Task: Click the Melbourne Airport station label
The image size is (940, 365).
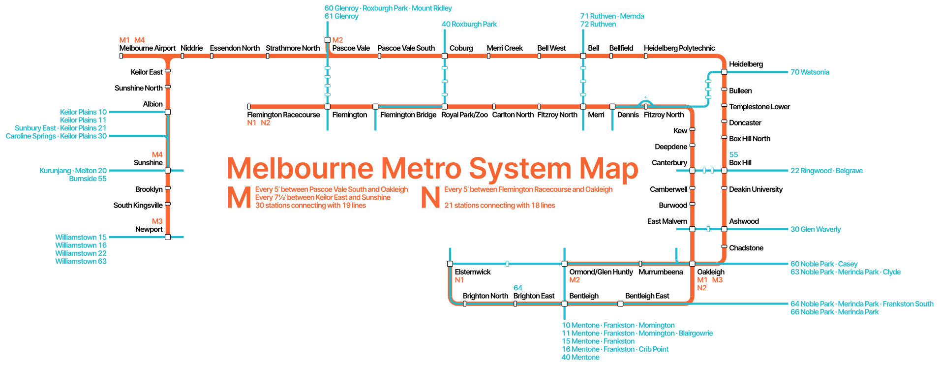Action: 147,48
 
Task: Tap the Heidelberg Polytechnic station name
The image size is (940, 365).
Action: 679,48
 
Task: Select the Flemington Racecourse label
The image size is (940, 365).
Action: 283,115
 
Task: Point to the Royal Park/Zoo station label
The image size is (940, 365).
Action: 464,115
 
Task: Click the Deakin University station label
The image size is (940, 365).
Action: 756,189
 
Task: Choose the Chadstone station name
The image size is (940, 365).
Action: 746,248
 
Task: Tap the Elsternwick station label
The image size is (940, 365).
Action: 473,272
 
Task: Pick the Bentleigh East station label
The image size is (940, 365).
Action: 647,296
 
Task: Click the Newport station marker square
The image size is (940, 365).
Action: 168,237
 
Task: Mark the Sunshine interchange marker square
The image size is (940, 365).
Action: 168,171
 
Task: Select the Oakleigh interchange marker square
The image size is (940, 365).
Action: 692,264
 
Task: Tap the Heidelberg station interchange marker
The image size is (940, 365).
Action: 724,72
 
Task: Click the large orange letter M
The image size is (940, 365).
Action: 240,197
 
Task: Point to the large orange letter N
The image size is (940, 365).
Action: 430,197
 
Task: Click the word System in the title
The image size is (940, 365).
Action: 520,169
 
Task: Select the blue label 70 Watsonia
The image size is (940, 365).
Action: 810,72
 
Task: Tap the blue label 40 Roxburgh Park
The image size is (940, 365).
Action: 469,24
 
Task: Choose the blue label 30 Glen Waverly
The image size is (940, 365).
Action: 816,229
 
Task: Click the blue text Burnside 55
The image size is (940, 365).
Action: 88,179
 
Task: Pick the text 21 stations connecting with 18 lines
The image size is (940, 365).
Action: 500,206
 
